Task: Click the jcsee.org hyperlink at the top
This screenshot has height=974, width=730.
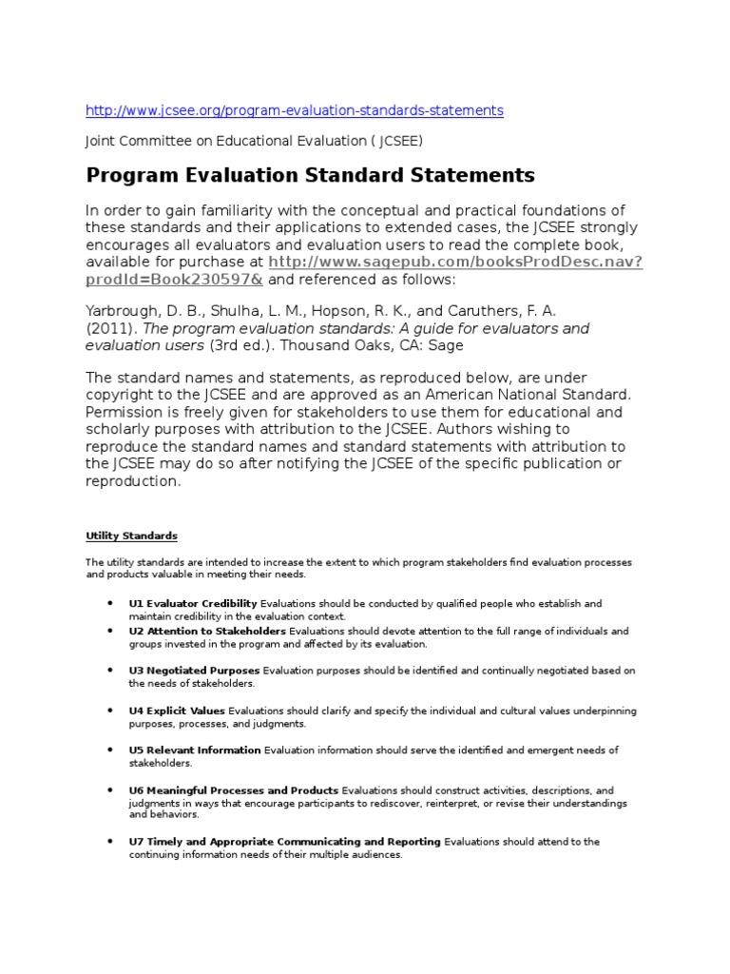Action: pyautogui.click(x=295, y=110)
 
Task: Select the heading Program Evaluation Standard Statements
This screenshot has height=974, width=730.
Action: pyautogui.click(x=311, y=175)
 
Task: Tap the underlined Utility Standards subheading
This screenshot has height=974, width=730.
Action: pyautogui.click(x=132, y=536)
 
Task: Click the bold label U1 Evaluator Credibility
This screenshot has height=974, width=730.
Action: pyautogui.click(x=193, y=603)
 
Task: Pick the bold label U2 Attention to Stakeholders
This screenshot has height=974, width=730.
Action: pyautogui.click(x=207, y=631)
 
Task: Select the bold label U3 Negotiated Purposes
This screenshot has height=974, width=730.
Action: pyautogui.click(x=194, y=671)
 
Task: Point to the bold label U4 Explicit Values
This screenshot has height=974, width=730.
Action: pyautogui.click(x=177, y=711)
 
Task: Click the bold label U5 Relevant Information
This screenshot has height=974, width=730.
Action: pyautogui.click(x=194, y=750)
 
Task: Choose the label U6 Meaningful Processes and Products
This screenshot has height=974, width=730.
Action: pyautogui.click(x=233, y=789)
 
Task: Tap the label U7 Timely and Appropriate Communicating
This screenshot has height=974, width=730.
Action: pyautogui.click(x=284, y=841)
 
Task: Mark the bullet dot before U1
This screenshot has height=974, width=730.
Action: pyautogui.click(x=112, y=603)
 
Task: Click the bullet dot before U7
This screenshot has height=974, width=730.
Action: pyautogui.click(x=112, y=841)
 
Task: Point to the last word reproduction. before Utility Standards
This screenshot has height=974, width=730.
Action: pyautogui.click(x=132, y=481)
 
